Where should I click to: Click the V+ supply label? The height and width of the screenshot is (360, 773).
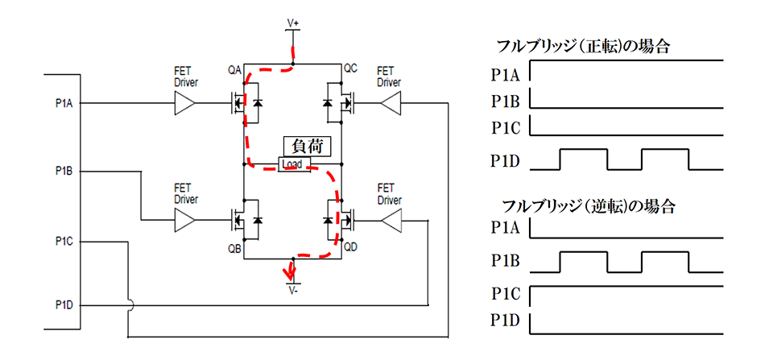click(x=293, y=24)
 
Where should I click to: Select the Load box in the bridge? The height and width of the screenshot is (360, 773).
click(x=291, y=165)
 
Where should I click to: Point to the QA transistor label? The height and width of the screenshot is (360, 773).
click(x=234, y=70)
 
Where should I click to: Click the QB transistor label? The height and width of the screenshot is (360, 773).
click(x=234, y=248)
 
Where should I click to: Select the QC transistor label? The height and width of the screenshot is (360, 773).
click(x=350, y=70)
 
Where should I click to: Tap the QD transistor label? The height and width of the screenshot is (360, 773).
click(x=350, y=248)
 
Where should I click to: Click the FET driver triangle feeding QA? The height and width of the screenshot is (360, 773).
click(x=186, y=103)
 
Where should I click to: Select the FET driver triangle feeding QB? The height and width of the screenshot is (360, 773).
click(x=186, y=219)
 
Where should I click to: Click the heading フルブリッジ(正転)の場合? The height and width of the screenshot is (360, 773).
click(x=585, y=47)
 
